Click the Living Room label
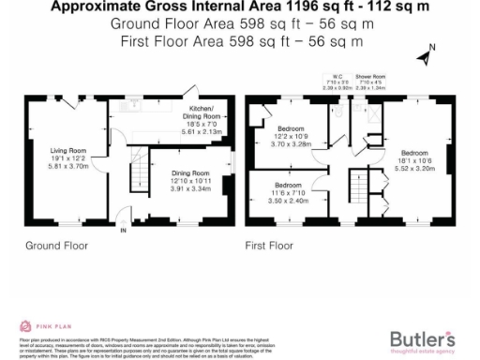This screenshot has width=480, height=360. (x=68, y=149)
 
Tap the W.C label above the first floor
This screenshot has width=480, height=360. (x=334, y=76)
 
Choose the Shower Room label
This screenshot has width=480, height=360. (x=370, y=76)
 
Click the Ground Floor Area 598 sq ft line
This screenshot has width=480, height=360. (x=239, y=25)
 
